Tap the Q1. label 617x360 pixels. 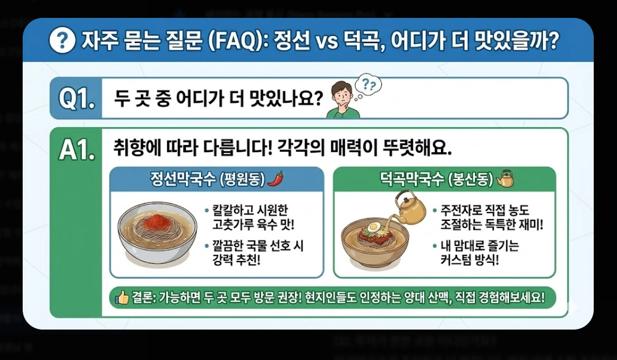tap(77, 99)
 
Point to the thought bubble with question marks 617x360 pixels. tap(368, 86)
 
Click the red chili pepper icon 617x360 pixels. tap(275, 178)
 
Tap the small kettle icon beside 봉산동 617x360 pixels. tap(505, 178)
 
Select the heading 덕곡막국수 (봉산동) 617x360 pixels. tap(436, 179)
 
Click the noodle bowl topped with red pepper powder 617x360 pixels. tap(157, 235)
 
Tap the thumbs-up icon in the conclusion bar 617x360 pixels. tap(122, 297)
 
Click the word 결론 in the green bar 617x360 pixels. tap(143, 297)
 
